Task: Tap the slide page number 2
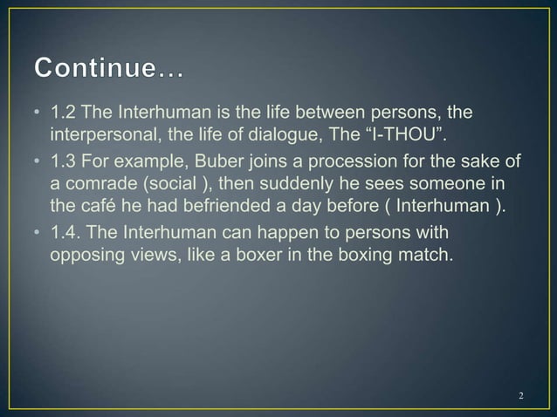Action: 521,398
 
